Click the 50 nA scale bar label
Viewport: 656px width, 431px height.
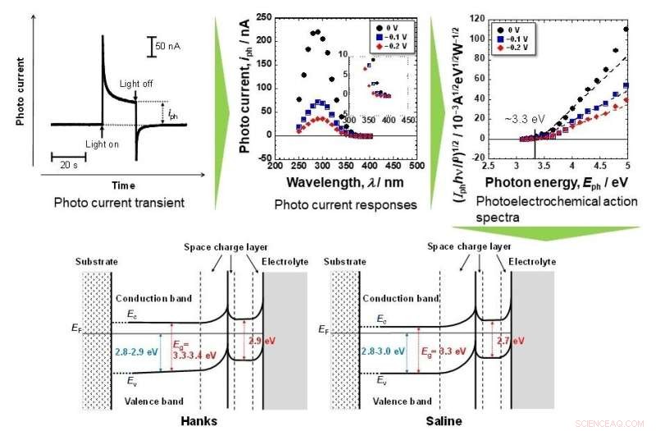(171, 44)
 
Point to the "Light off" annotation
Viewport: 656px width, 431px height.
(135, 85)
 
